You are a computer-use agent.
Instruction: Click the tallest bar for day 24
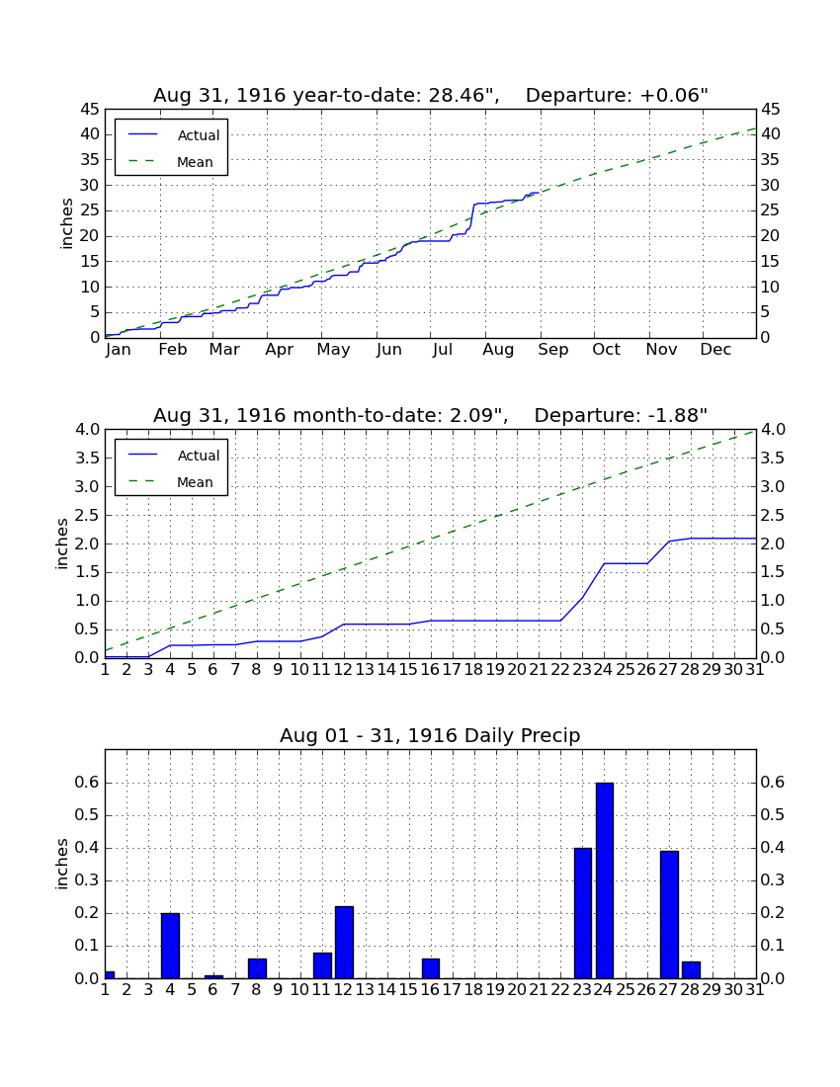click(605, 880)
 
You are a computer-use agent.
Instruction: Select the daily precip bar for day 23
click(583, 913)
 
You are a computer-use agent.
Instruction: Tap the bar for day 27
click(669, 914)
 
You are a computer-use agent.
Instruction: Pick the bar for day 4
click(171, 946)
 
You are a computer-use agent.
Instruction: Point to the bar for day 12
click(345, 942)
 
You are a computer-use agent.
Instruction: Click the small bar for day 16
click(431, 968)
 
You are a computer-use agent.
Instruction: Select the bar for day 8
click(257, 968)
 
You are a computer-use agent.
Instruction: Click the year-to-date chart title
click(431, 95)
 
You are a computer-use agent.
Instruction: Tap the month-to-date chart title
click(431, 415)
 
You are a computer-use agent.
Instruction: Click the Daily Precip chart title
click(430, 735)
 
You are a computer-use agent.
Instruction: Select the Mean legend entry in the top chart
click(171, 162)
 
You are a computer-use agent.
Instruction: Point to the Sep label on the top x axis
click(553, 350)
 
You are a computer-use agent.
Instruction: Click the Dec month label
click(715, 350)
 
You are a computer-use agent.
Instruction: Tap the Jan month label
click(119, 350)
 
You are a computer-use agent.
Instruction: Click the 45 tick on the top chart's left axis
click(90, 110)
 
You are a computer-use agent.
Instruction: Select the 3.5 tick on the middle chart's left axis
click(87, 459)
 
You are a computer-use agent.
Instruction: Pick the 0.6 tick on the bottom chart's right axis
click(773, 783)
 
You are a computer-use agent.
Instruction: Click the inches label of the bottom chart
click(61, 864)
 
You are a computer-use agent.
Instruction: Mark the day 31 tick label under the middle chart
click(755, 670)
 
